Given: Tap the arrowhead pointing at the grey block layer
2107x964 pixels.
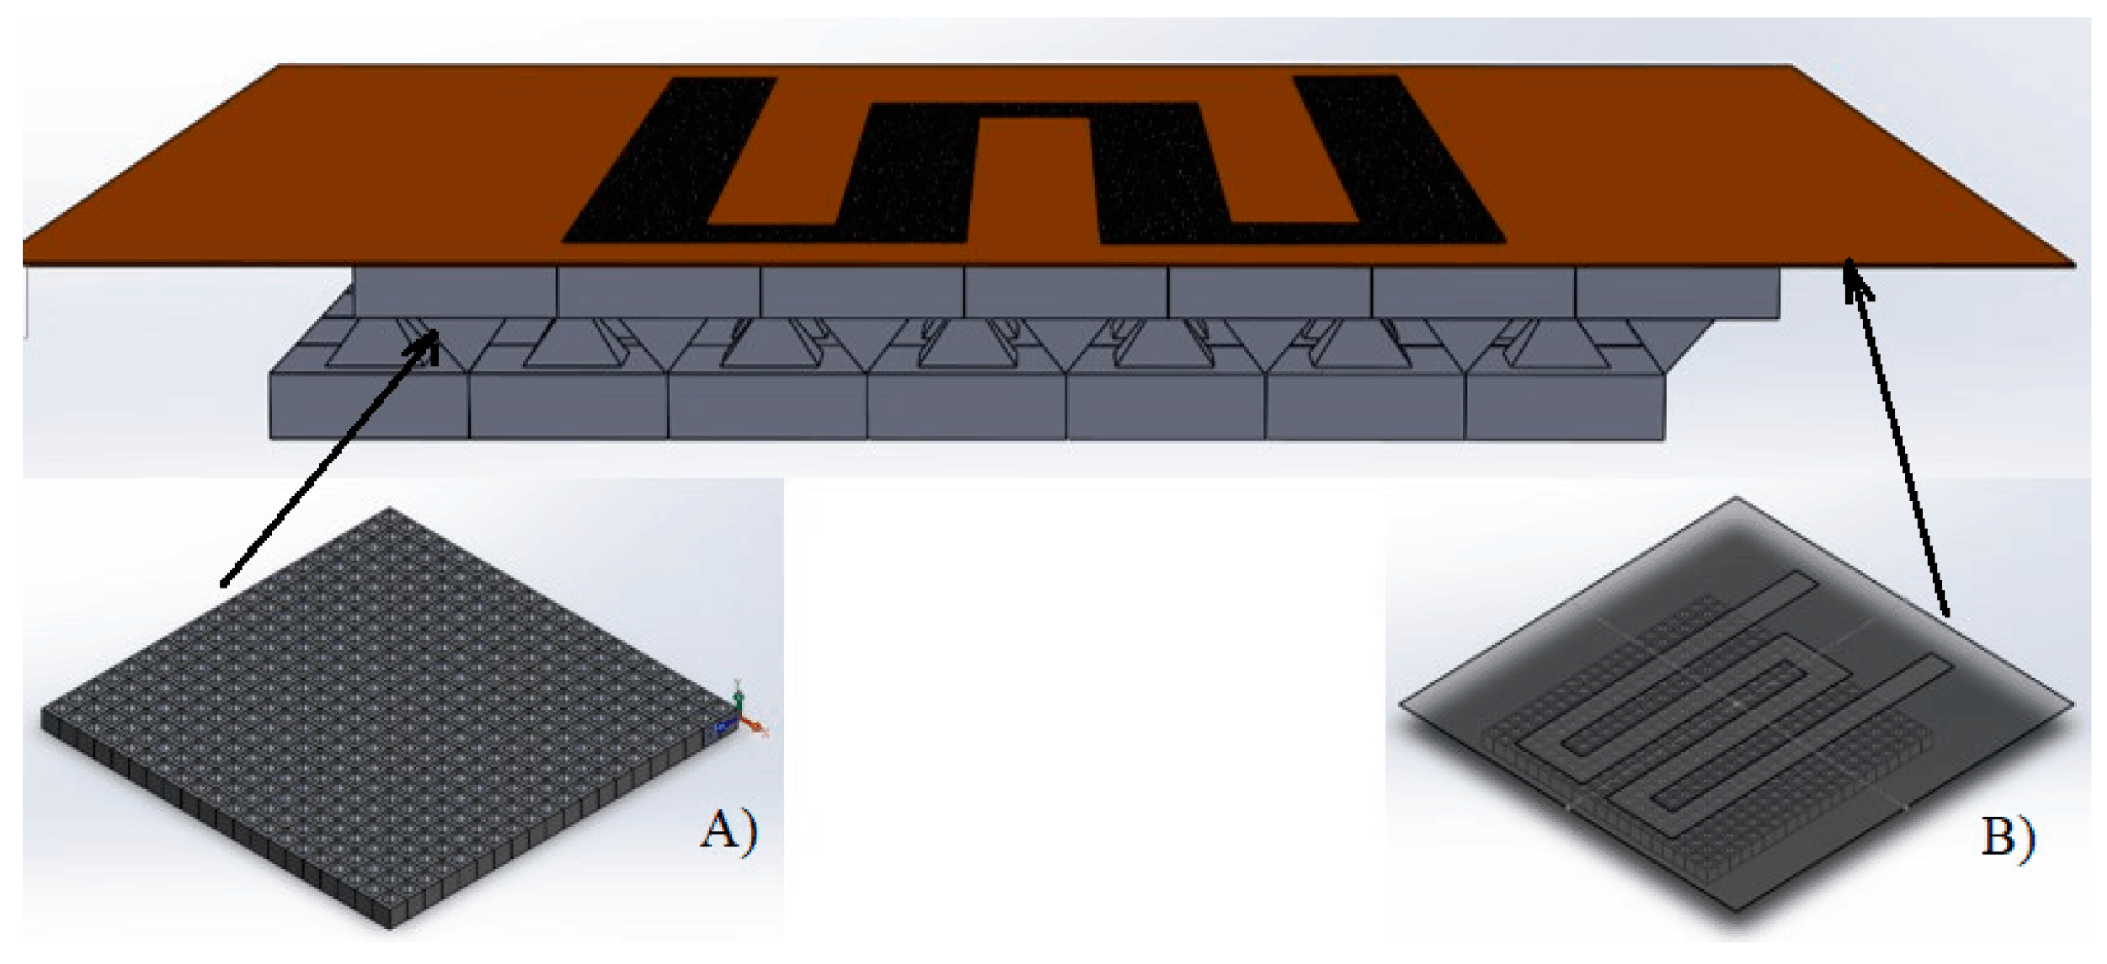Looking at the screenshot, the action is (427, 344).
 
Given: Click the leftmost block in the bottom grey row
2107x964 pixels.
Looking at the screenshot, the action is (370, 406).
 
